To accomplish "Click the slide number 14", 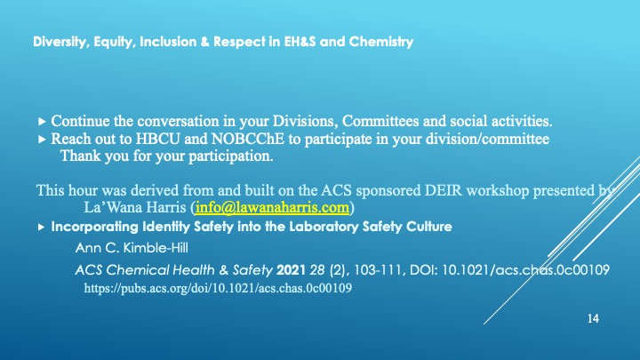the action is click(x=593, y=318).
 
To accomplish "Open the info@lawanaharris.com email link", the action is click(x=272, y=207).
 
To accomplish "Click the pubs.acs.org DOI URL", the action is click(x=218, y=288).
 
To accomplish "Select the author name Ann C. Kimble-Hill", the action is click(x=132, y=248).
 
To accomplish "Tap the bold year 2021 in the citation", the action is click(x=291, y=270).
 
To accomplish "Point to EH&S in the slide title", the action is click(x=300, y=42).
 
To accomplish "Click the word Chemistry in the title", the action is click(x=381, y=42).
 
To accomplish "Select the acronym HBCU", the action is click(x=157, y=140).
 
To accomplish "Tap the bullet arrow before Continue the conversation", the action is click(x=41, y=121).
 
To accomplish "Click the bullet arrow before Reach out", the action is click(x=41, y=140).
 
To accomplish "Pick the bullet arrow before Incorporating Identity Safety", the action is click(x=41, y=227).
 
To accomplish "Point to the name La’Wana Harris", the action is click(x=135, y=207).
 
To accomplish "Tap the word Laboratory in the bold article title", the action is click(x=324, y=227).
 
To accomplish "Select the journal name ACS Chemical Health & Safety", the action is click(x=174, y=270).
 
